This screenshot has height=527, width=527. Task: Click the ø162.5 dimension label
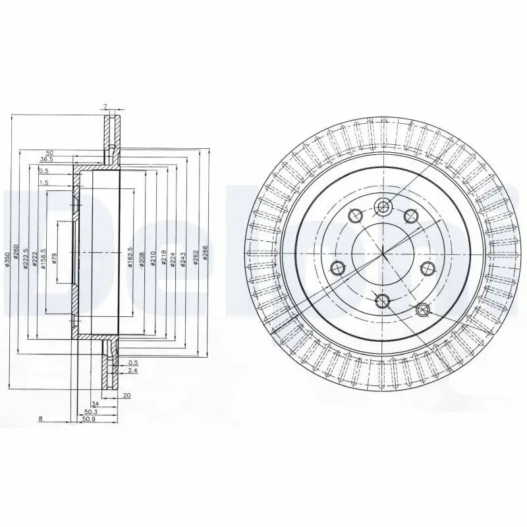(130, 254)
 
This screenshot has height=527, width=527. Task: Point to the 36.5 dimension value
(46, 159)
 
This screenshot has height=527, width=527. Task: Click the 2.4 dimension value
(133, 371)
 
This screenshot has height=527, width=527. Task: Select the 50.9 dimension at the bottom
(88, 418)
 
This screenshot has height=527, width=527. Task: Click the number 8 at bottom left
(40, 418)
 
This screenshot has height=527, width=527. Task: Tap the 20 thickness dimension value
(126, 396)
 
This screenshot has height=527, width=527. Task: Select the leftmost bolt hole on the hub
(338, 267)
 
